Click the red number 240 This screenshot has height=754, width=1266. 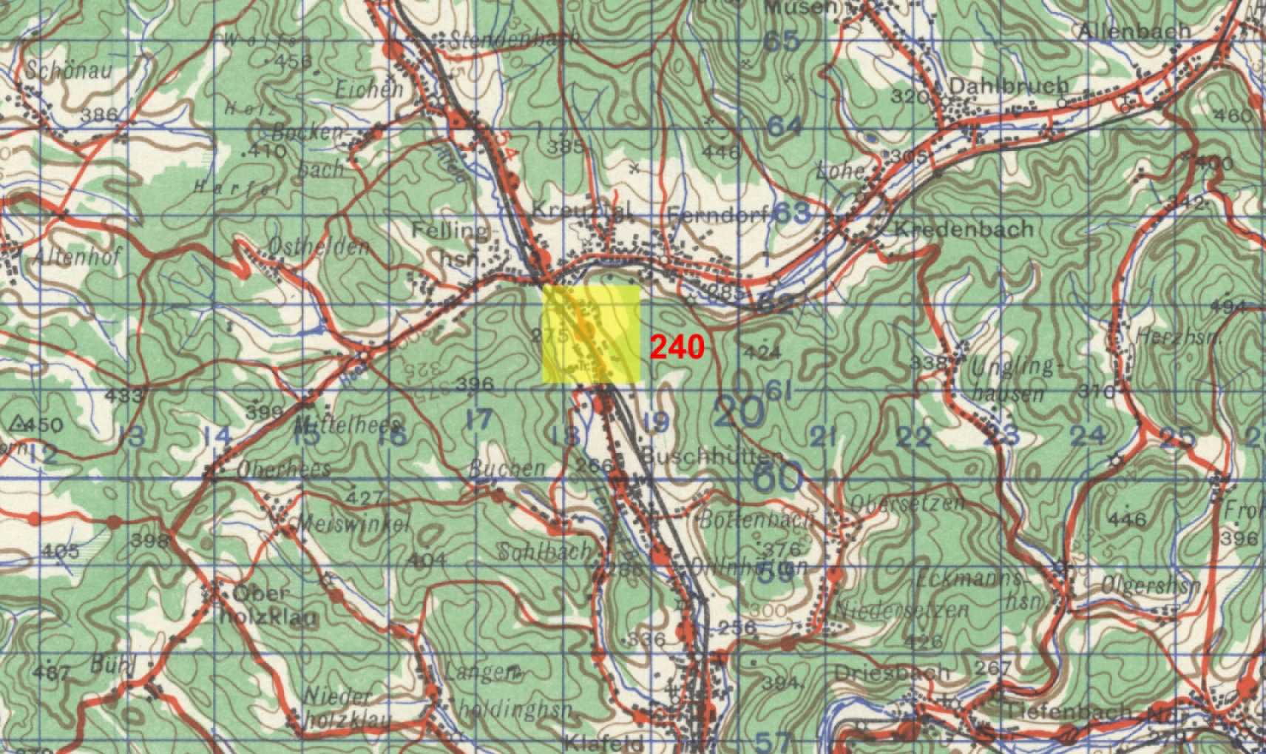click(677, 346)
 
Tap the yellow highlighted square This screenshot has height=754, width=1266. click(591, 334)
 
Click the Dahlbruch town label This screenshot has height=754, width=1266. click(1008, 86)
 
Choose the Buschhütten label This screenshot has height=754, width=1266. click(711, 456)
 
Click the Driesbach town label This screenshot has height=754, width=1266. click(891, 673)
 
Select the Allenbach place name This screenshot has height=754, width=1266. click(1134, 30)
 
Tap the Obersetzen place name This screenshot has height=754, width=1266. click(907, 504)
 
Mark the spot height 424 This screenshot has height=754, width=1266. click(762, 352)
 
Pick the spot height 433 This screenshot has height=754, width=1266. click(123, 395)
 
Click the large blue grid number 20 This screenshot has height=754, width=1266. click(740, 412)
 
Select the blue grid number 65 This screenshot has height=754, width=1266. click(782, 41)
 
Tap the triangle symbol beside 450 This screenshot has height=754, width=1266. click(18, 423)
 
